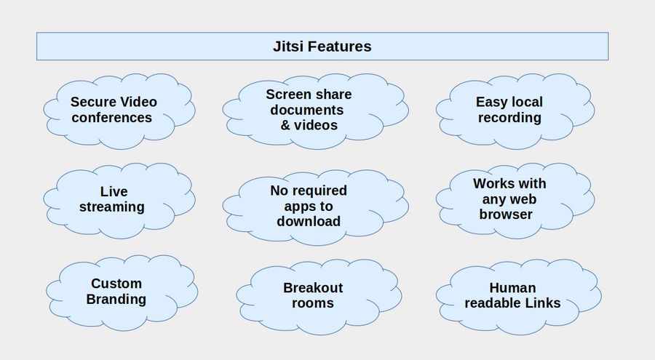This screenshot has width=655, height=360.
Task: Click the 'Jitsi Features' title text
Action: pyautogui.click(x=322, y=47)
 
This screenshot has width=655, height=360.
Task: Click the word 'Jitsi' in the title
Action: pyautogui.click(x=288, y=47)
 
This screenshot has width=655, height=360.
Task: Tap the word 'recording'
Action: pyautogui.click(x=509, y=118)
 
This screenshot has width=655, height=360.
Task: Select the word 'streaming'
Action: pyautogui.click(x=112, y=207)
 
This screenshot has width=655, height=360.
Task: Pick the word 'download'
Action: pyautogui.click(x=308, y=221)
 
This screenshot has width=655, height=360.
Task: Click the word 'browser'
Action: pyautogui.click(x=506, y=215)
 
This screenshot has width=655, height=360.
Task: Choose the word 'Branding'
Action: pyautogui.click(x=116, y=300)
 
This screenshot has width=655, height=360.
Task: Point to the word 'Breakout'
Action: pyautogui.click(x=313, y=287)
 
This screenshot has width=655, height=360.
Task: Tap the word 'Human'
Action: pyautogui.click(x=512, y=288)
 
